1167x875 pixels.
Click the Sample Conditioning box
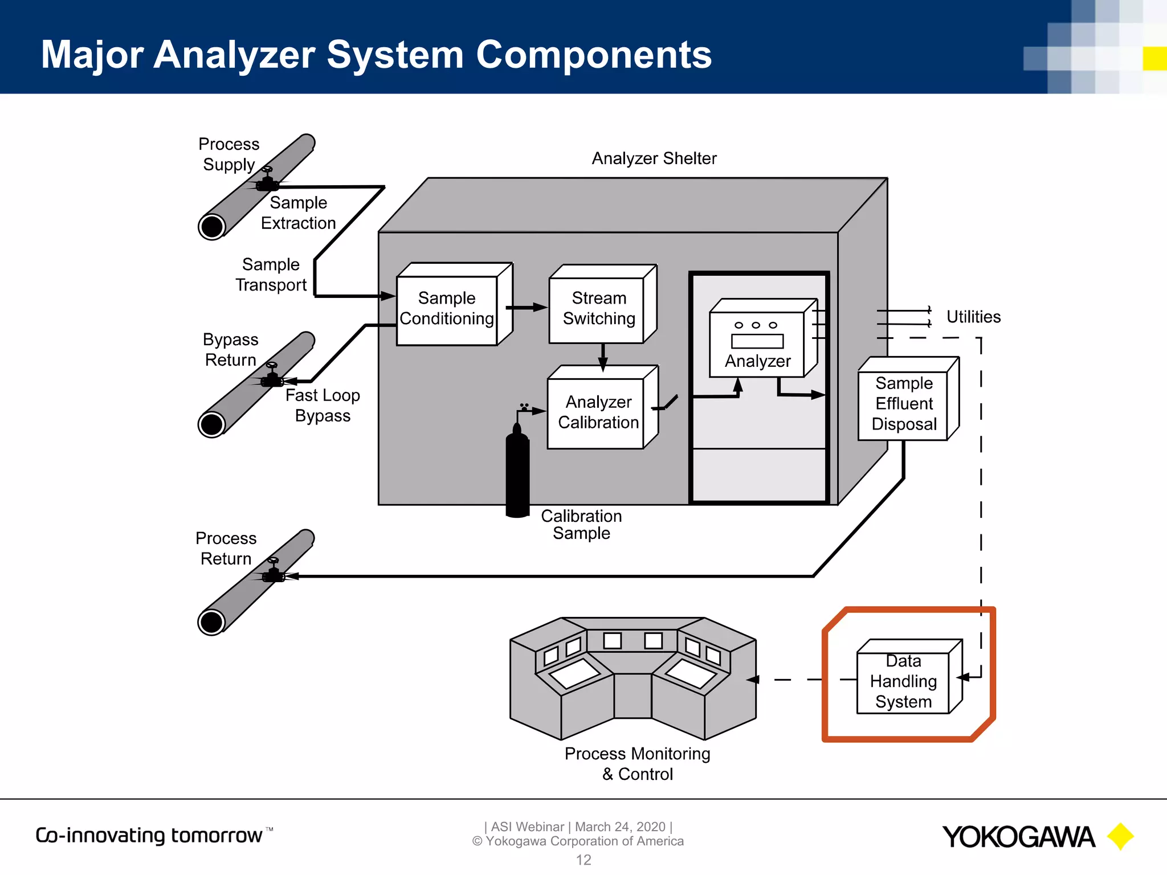(447, 309)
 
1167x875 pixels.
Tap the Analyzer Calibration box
(597, 412)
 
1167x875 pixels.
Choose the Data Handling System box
(903, 682)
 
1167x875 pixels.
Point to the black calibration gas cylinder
(517, 473)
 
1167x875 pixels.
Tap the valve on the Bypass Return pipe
(272, 376)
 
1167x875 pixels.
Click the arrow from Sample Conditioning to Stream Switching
(527, 308)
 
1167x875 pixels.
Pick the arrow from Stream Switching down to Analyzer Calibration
(603, 358)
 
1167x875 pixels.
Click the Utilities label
(973, 317)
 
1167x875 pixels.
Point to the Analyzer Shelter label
(654, 158)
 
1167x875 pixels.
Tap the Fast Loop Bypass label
(323, 405)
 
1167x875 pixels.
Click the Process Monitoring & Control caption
(637, 763)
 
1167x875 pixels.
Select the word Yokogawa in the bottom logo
(1018, 837)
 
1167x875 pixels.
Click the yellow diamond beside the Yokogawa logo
(1120, 836)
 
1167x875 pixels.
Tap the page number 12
(583, 860)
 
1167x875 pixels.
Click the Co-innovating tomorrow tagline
(149, 835)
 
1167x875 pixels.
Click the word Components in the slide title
(593, 55)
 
